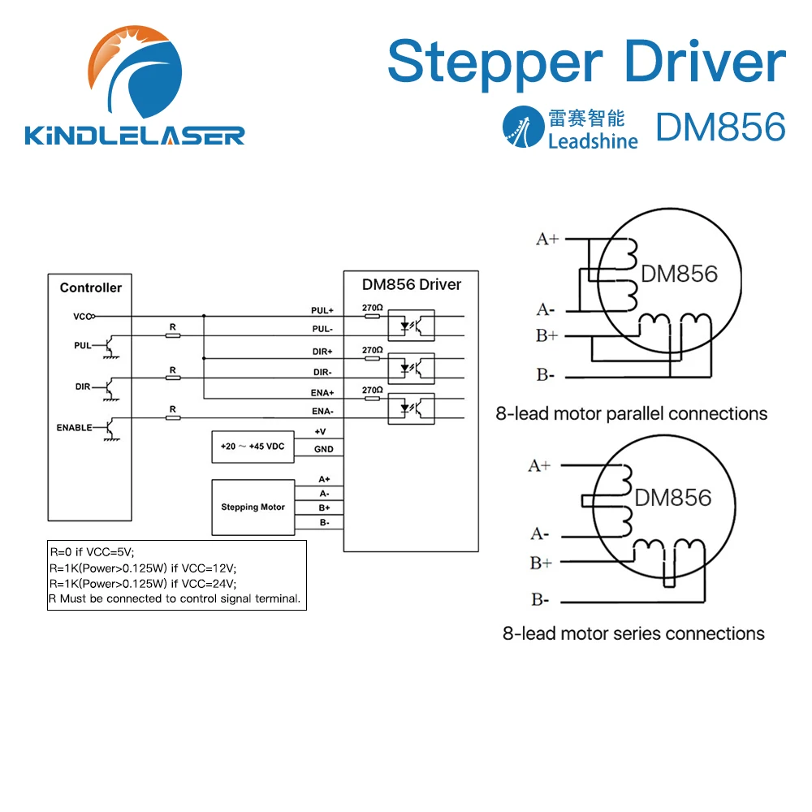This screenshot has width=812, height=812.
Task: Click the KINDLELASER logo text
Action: point(135,134)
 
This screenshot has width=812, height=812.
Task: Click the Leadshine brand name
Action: point(593,141)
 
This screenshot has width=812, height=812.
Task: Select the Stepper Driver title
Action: point(586,63)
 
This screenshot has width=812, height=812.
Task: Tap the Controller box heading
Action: point(91,287)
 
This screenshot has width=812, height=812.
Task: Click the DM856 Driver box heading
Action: point(412,284)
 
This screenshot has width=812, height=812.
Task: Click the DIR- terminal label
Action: point(322,372)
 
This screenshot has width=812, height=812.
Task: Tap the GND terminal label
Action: point(323,449)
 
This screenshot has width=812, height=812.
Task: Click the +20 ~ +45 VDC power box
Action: point(252,447)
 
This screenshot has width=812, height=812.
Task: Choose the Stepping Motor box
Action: point(253,507)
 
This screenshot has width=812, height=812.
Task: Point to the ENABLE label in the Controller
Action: point(74,427)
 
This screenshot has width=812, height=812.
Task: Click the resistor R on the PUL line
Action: point(172,335)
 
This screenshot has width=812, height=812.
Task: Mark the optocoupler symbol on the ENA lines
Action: point(412,408)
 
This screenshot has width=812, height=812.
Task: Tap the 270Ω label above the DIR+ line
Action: point(371,350)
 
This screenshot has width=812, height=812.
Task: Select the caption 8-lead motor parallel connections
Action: point(632,413)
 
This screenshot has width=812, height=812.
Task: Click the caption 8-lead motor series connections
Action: point(633,633)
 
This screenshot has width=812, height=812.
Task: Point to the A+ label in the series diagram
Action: point(540,465)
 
